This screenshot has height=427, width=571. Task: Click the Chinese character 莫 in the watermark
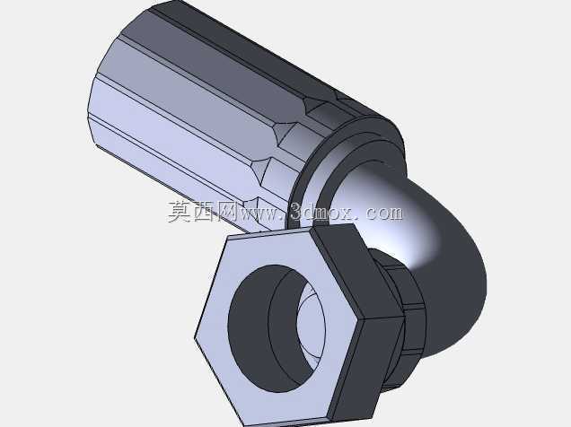[180, 212]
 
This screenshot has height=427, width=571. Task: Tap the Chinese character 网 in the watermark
[228, 212]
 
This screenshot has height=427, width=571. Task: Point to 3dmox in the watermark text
[321, 212]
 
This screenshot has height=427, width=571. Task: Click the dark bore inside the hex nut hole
[255, 327]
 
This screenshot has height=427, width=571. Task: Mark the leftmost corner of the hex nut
[195, 338]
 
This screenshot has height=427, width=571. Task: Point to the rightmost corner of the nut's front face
[363, 318]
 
